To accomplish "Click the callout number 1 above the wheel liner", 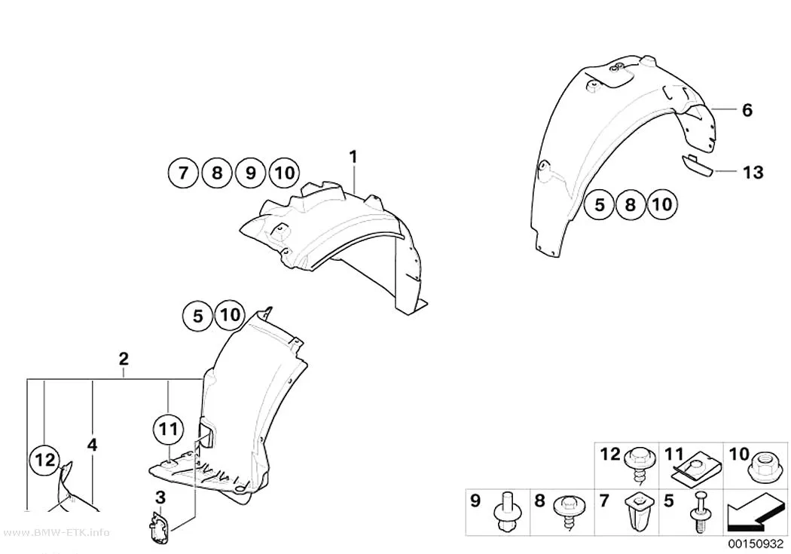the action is [353, 157].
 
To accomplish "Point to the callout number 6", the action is [747, 110].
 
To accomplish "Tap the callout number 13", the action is [753, 173].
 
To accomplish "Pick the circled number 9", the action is [250, 173].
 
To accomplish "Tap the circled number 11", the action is [168, 430].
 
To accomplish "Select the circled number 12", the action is [44, 460].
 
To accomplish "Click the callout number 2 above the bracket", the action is [124, 360].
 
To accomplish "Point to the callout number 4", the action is [92, 445].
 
